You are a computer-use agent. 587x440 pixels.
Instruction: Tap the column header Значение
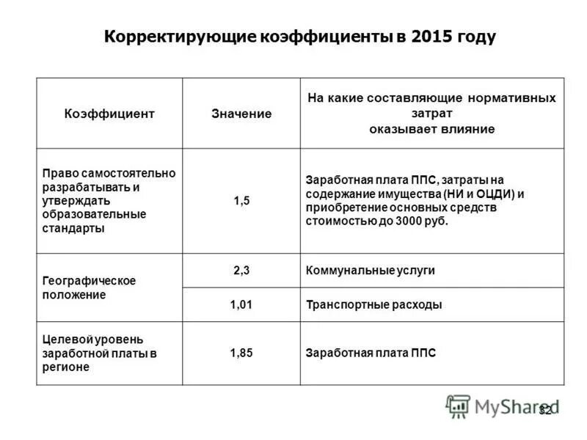click(x=241, y=114)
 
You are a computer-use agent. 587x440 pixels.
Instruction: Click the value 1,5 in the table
click(x=241, y=201)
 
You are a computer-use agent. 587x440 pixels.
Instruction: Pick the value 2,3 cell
click(x=241, y=270)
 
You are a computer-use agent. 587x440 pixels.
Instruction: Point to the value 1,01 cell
click(x=241, y=304)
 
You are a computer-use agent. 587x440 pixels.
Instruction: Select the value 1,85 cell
click(x=241, y=353)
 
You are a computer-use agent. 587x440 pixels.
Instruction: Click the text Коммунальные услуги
click(x=371, y=270)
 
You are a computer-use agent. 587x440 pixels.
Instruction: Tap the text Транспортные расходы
click(x=374, y=304)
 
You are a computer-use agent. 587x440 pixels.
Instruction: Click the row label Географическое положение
click(x=89, y=287)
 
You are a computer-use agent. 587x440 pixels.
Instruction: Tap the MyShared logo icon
click(x=458, y=406)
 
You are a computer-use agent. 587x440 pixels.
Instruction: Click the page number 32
click(x=546, y=410)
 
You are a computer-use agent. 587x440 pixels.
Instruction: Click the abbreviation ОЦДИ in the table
click(x=494, y=194)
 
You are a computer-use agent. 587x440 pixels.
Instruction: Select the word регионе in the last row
click(x=65, y=367)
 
